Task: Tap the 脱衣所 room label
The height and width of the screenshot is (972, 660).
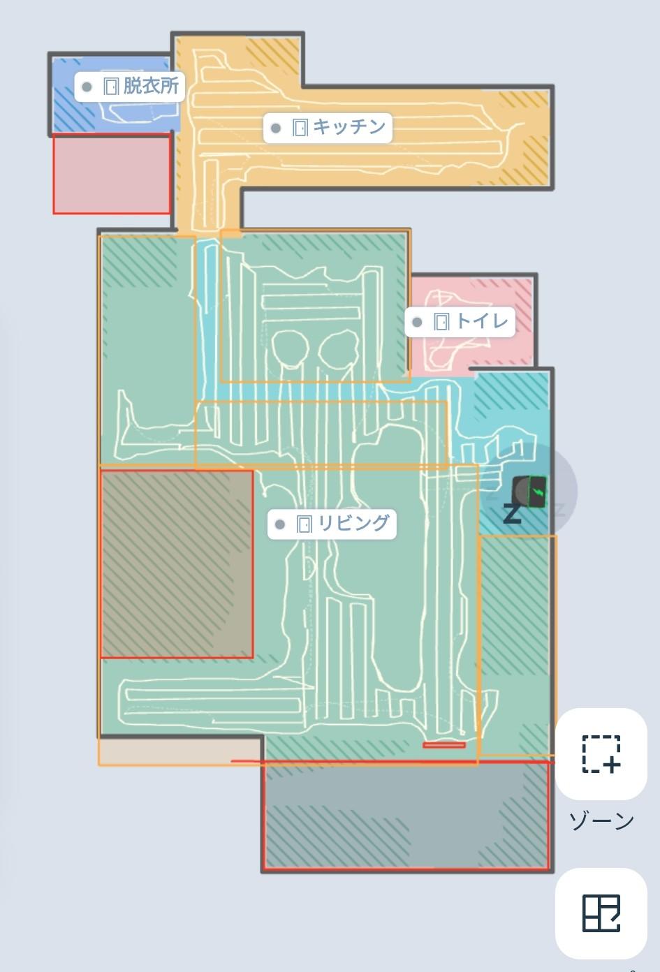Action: [129, 87]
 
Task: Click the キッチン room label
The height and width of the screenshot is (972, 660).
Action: [328, 128]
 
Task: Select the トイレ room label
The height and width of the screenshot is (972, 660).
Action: [460, 322]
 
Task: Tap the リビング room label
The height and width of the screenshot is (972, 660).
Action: [332, 524]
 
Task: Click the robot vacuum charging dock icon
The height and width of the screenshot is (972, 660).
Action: [529, 492]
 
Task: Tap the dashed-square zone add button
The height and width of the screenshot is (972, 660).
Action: [601, 753]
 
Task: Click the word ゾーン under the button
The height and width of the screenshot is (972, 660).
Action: [601, 820]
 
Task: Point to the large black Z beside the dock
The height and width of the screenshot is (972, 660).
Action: [512, 514]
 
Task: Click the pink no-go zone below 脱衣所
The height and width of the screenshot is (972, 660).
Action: [112, 174]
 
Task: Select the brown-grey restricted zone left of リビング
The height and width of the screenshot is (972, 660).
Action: [177, 564]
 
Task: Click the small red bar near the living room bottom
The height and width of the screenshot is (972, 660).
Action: [444, 745]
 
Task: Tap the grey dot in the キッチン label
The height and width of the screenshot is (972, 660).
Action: [276, 128]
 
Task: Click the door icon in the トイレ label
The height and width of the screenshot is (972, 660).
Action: [441, 322]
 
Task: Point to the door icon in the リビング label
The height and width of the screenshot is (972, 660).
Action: [304, 524]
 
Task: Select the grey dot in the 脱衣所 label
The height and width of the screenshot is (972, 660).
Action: [87, 87]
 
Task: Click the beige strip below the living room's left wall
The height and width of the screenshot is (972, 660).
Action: [180, 750]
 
